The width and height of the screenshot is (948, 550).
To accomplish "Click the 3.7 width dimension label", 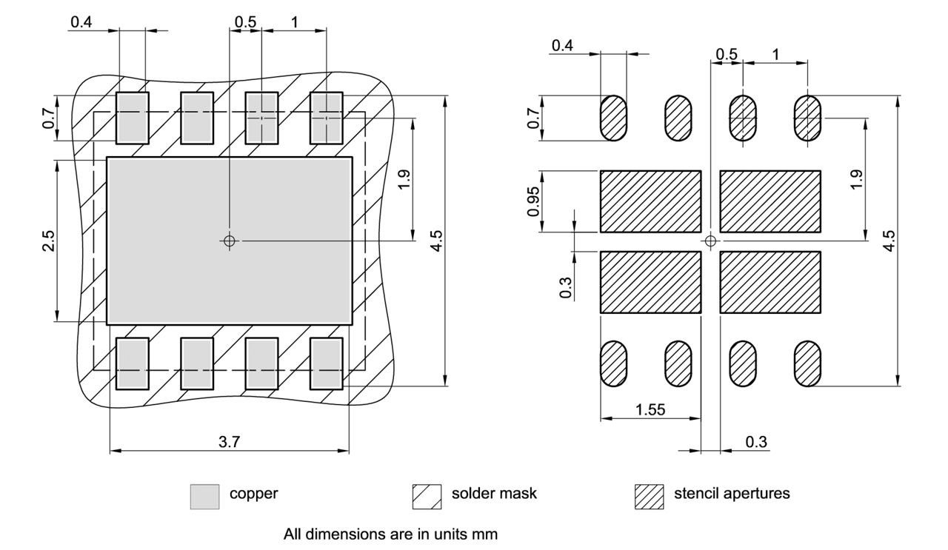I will pos(230,441).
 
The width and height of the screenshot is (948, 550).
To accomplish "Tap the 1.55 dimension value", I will pos(650,409).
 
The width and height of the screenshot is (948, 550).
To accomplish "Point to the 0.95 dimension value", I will pos(533,201).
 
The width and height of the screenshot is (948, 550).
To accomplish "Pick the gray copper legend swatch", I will pos(204,496).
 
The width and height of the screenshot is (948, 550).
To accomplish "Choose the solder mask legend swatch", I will pos(426,496).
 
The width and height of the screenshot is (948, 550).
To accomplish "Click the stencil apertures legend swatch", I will pos(649,496).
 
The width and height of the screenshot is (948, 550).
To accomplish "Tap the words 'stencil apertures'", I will pos(731,494).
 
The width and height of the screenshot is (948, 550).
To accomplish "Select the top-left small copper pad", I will pos(133,117).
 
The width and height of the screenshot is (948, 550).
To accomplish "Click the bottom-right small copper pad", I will pos(326,363).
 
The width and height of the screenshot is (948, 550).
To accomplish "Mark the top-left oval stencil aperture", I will pos(612,118).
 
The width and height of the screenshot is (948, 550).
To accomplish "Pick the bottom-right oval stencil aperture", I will pos(807,363).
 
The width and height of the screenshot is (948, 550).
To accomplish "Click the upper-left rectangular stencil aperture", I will pos(650,201).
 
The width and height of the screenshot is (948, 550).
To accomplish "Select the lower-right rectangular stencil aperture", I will pos(770,282).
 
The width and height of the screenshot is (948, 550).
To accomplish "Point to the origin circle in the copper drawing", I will pos(230,241).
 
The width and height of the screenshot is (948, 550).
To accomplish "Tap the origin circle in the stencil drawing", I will pos(711,241).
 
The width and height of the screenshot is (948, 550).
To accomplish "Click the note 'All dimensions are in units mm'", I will pos(390,534).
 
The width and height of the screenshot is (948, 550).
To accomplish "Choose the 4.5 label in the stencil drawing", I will pos(889,241).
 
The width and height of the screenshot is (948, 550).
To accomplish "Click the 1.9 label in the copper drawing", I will pos(404,179).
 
